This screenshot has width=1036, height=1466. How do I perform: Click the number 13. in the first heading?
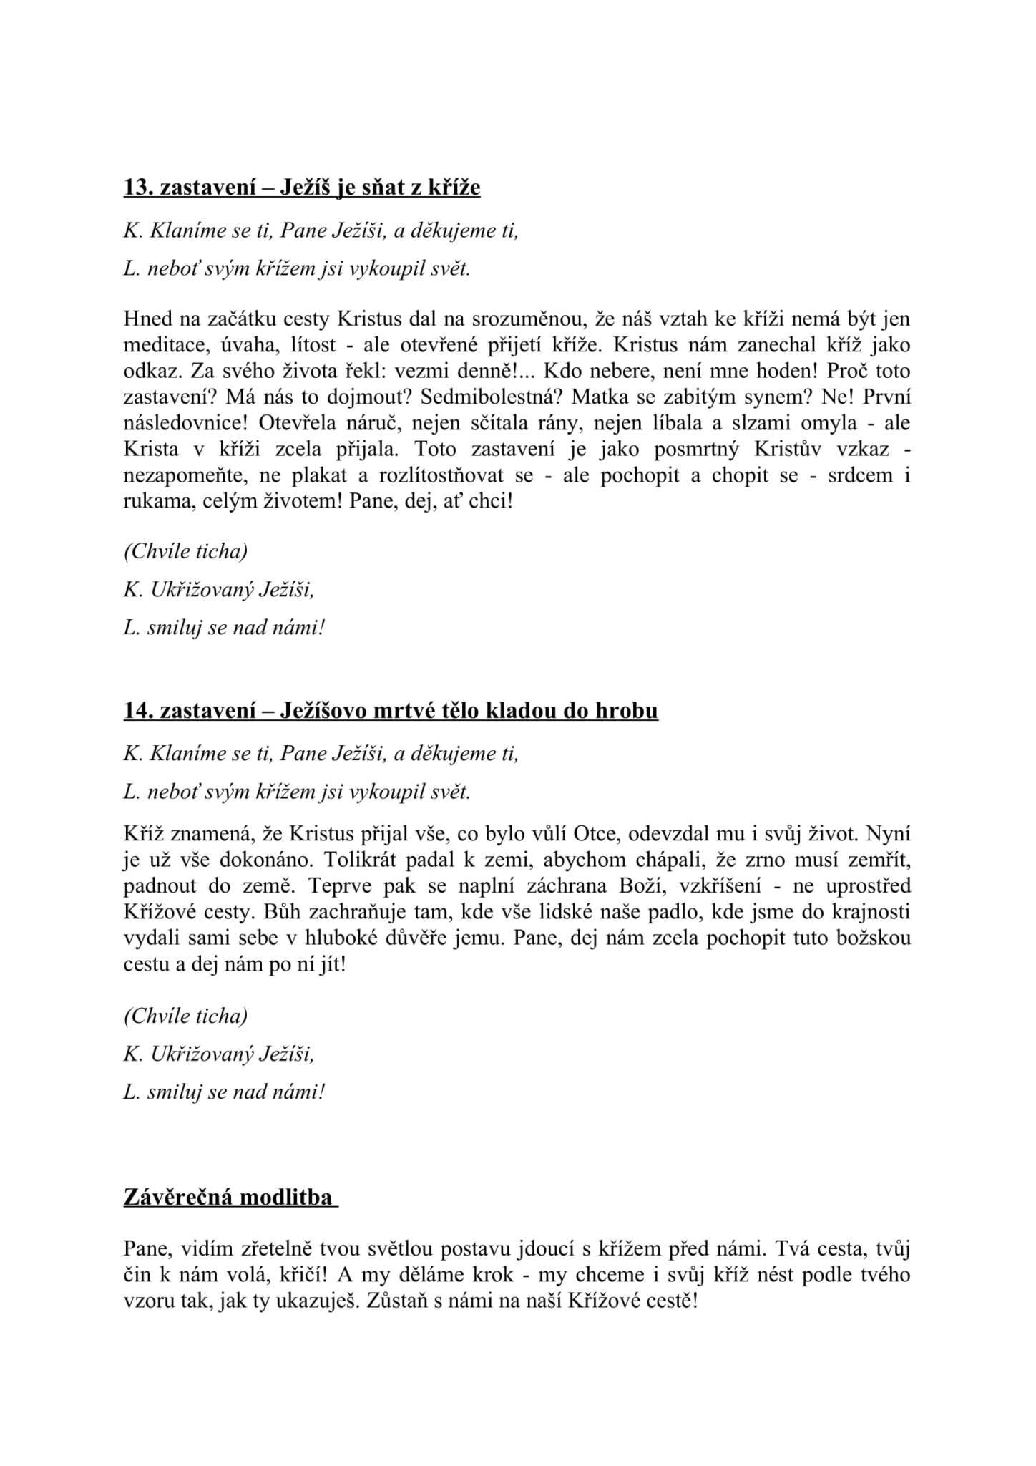pos(139,188)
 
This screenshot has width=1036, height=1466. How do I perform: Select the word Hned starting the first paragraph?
pos(146,319)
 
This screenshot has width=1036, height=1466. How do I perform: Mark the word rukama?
pos(155,500)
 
